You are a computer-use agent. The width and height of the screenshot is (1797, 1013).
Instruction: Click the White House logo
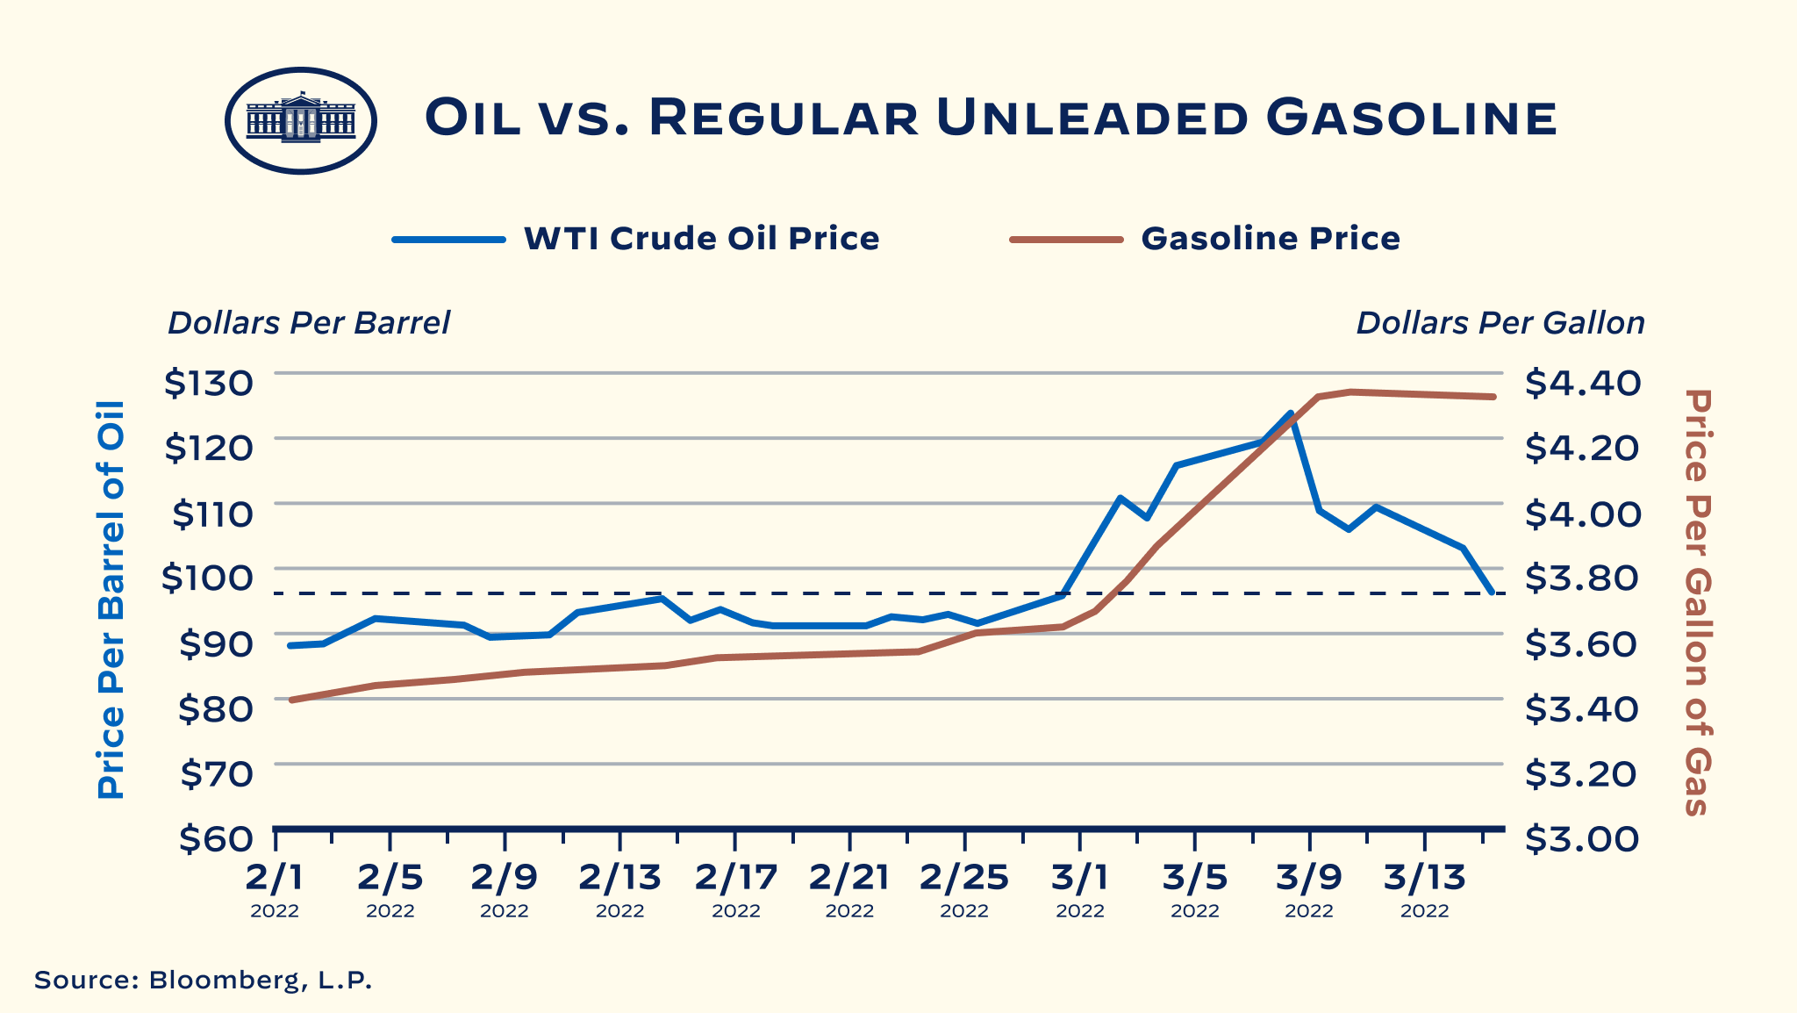click(x=301, y=120)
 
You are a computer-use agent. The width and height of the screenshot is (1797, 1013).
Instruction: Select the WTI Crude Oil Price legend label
click(x=701, y=239)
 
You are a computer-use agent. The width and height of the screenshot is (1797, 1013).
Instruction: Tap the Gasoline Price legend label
click(x=1270, y=239)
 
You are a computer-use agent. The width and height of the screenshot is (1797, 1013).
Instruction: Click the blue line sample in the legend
click(x=448, y=239)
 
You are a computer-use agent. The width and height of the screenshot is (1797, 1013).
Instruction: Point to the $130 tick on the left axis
click(x=209, y=383)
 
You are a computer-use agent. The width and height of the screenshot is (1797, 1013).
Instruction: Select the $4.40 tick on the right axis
click(x=1581, y=383)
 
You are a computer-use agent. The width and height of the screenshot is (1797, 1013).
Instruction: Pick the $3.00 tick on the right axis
click(x=1581, y=838)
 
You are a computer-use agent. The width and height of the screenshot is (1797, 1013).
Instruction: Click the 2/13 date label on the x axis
click(x=619, y=877)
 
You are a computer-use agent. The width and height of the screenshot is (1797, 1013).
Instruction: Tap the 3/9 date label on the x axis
click(x=1309, y=877)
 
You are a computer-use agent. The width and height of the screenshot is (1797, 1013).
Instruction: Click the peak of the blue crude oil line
click(x=1291, y=413)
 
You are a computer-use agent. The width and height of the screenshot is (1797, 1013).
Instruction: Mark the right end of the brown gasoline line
click(x=1493, y=397)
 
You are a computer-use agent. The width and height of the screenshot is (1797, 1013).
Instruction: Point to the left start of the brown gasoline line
click(x=291, y=700)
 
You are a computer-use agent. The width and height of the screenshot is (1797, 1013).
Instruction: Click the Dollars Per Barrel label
click(x=309, y=323)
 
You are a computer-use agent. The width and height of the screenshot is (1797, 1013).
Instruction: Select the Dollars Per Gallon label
click(x=1500, y=323)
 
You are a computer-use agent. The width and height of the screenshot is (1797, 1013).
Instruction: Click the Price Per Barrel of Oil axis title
click(x=111, y=600)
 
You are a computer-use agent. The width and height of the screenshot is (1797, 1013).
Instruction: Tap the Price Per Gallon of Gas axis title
click(x=1698, y=602)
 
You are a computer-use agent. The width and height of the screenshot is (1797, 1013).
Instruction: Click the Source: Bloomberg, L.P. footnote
click(x=204, y=980)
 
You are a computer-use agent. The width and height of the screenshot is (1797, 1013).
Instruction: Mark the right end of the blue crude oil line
click(x=1493, y=593)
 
